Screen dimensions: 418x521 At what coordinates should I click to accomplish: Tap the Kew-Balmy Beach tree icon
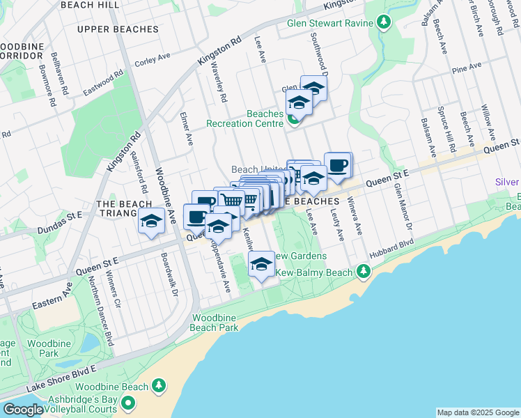click(x=363, y=270)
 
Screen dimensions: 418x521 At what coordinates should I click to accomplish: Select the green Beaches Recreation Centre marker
click(x=294, y=119)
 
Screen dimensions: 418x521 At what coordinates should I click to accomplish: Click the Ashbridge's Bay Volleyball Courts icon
click(x=129, y=403)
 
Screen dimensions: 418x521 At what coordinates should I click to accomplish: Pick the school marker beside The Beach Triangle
click(x=149, y=222)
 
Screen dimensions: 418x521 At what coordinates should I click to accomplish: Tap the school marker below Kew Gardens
click(x=261, y=265)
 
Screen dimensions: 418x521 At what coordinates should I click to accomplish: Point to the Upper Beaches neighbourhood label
click(x=118, y=29)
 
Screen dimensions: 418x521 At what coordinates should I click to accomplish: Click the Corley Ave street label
click(x=153, y=61)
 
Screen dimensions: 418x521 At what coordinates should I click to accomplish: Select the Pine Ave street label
click(x=467, y=68)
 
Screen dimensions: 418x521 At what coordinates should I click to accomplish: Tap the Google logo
click(x=22, y=410)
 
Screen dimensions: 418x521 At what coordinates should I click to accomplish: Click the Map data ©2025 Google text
click(x=477, y=412)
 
